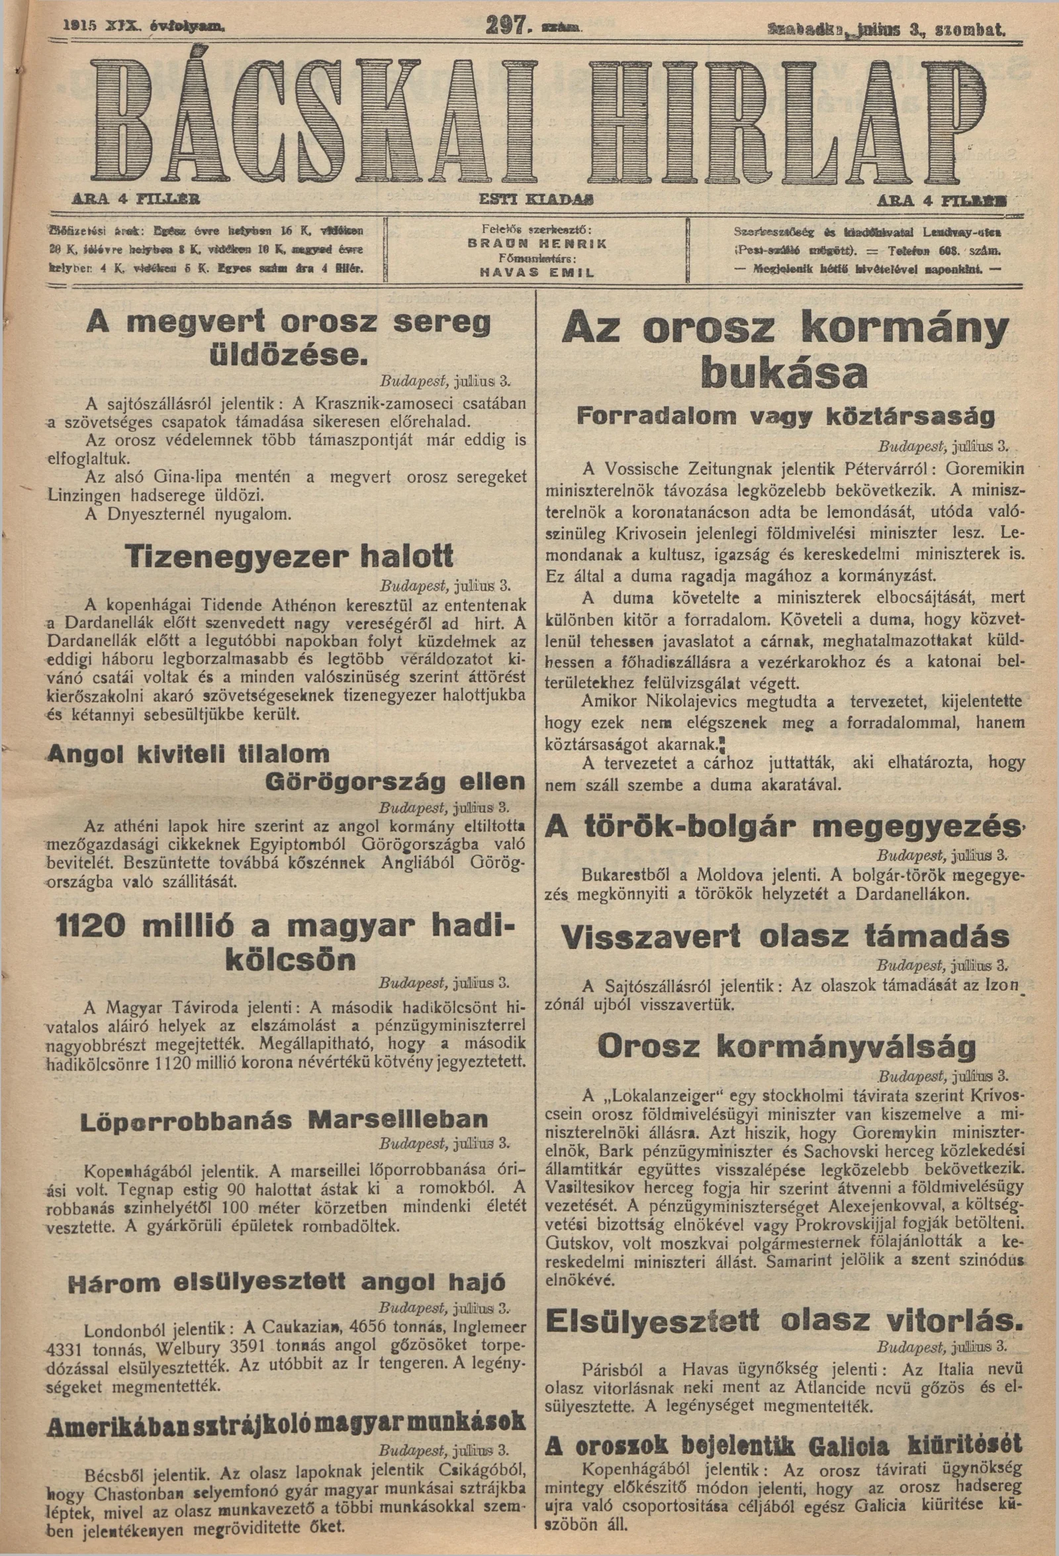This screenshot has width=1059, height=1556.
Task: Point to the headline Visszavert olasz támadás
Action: coord(786,937)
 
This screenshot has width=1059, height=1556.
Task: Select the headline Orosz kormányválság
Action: coord(779,1045)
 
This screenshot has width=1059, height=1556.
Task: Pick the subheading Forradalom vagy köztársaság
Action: coord(786,418)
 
